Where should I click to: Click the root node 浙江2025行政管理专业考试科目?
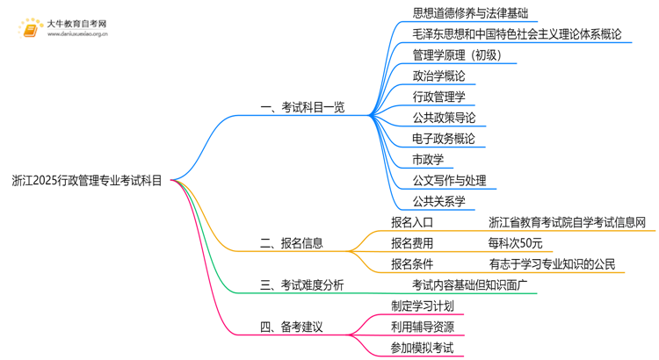click(x=87, y=182)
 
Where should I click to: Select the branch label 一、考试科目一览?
click(x=302, y=107)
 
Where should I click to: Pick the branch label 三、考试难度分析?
click(x=301, y=285)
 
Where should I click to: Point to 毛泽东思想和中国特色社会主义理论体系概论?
click(x=517, y=34)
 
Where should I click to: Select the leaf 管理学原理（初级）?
click(x=457, y=55)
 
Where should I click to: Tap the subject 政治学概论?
click(x=438, y=76)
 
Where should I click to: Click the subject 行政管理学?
click(x=438, y=97)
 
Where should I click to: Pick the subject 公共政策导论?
click(x=444, y=118)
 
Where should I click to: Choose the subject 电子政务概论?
click(x=444, y=139)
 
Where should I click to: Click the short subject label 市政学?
click(x=428, y=160)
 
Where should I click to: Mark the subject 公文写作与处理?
click(x=449, y=181)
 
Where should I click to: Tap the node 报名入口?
click(x=412, y=222)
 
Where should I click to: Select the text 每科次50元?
click(x=515, y=243)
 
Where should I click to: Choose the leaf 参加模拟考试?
click(x=423, y=348)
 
